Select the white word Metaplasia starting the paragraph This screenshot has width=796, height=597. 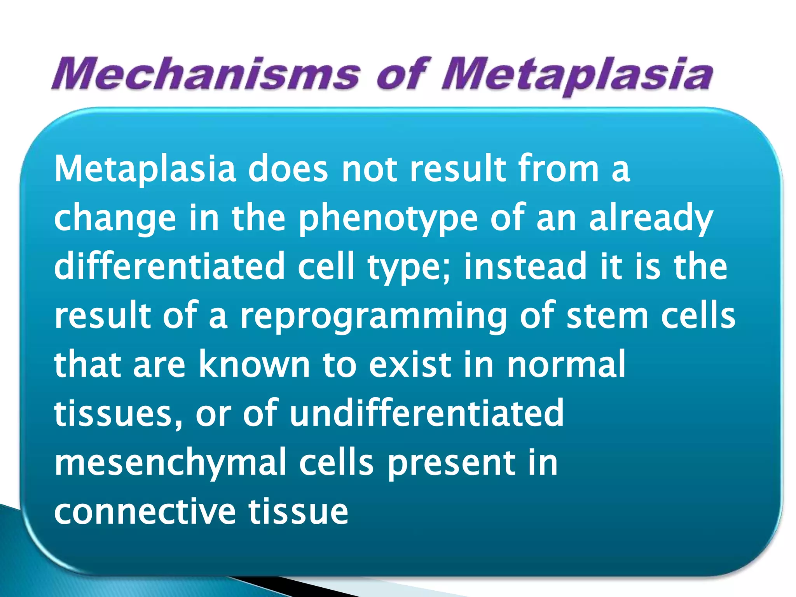145,169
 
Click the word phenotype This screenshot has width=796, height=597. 388,218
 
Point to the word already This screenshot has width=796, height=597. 651,218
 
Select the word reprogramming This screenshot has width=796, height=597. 373,316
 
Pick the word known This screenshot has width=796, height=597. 254,364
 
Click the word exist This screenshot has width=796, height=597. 410,364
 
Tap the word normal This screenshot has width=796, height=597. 566,364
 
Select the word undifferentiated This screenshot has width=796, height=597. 426,413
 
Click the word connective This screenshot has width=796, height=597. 145,511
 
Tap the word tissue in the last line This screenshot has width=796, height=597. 298,511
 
